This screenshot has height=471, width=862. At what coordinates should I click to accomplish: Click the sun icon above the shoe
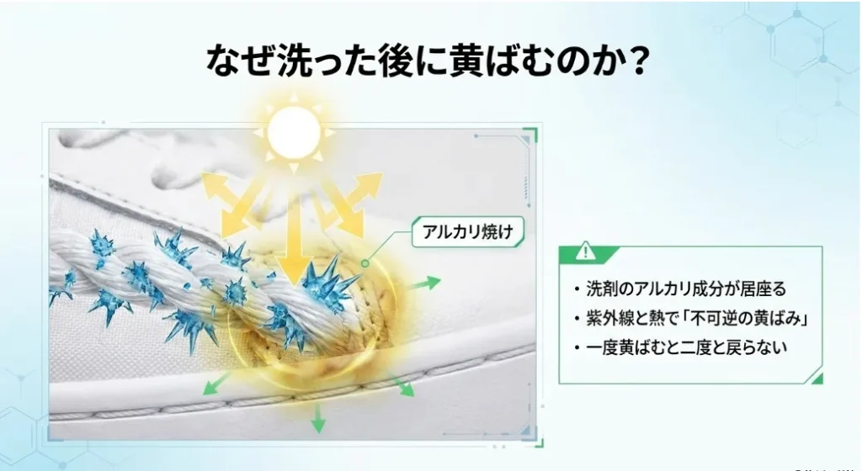(294, 132)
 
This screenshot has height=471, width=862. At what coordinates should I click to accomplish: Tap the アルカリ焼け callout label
(468, 231)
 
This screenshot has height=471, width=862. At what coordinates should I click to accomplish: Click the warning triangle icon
(586, 251)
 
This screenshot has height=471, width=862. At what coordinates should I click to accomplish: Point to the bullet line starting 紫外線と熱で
(690, 319)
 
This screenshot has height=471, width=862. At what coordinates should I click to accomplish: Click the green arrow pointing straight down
(317, 418)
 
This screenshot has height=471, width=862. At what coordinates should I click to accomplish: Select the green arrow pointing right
(426, 283)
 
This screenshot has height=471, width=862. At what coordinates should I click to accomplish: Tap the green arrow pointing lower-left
(216, 384)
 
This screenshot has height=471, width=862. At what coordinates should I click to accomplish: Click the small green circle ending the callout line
(365, 263)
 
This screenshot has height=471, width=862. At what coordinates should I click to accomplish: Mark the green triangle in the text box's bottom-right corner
(817, 378)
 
